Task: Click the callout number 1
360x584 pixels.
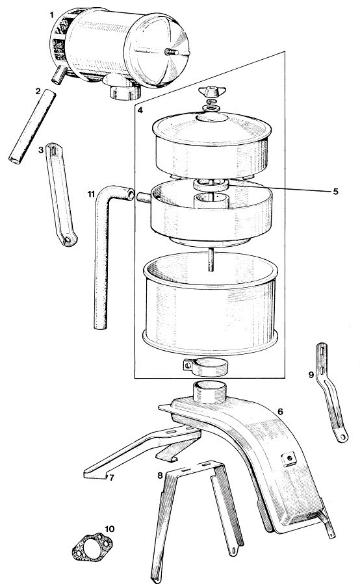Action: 52,15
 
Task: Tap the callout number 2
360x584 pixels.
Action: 38,91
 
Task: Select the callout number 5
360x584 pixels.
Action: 335,192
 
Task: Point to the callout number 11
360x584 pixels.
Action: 91,194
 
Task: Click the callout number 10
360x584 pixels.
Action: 110,529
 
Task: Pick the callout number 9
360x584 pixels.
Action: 311,375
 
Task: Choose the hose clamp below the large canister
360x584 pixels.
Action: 206,366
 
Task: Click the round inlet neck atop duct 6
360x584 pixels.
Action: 209,392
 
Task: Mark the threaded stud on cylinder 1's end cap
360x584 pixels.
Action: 172,53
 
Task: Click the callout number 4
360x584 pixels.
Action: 140,110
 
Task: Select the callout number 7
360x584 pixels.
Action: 111,478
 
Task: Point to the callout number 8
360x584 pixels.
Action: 160,476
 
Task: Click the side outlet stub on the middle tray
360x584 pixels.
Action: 144,197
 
